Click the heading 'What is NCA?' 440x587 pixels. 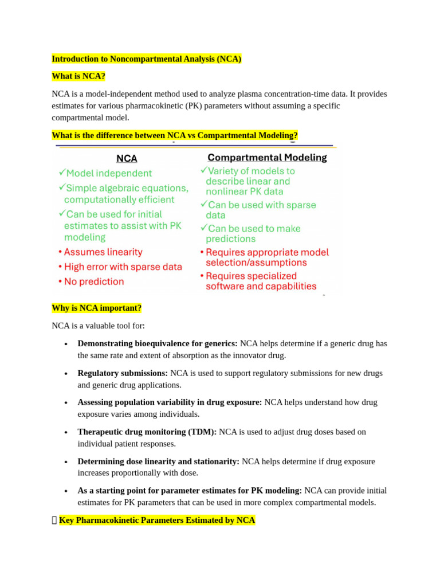click(x=78, y=76)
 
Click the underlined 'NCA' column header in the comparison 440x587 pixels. click(x=127, y=158)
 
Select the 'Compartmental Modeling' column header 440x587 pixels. click(x=267, y=157)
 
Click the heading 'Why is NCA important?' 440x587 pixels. click(x=96, y=308)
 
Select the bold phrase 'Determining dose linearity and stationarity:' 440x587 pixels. click(x=159, y=461)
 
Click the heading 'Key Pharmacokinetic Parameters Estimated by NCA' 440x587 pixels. click(x=157, y=520)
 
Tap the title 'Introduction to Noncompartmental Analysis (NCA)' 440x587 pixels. click(x=147, y=59)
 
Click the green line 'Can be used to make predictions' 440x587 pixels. click(x=253, y=233)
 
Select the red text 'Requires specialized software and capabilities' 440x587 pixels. click(x=261, y=281)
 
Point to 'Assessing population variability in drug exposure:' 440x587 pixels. click(x=170, y=402)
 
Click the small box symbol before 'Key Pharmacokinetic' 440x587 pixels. click(x=54, y=520)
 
